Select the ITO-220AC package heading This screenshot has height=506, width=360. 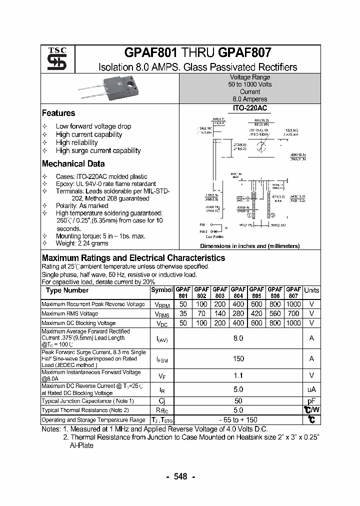[x=250, y=108]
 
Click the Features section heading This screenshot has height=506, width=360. [x=58, y=113]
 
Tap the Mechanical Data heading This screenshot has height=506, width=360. [x=73, y=163]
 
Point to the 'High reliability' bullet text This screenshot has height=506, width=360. [x=76, y=142]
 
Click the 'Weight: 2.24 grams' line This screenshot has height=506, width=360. [x=81, y=243]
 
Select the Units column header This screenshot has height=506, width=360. [x=311, y=290]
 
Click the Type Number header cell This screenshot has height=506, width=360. [x=67, y=290]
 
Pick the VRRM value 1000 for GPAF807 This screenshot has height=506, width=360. [x=293, y=304]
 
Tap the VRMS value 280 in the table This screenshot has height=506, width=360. [x=238, y=313]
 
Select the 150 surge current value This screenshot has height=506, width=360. [x=238, y=358]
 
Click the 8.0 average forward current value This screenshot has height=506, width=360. [x=238, y=338]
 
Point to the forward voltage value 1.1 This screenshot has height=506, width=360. [x=238, y=375]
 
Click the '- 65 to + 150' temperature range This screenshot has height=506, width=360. [x=238, y=420]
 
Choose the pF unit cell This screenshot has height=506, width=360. [x=311, y=401]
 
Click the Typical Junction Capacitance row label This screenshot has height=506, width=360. [x=87, y=401]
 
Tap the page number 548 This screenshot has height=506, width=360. [x=180, y=476]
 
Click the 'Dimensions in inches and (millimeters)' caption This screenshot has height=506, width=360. [x=249, y=246]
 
